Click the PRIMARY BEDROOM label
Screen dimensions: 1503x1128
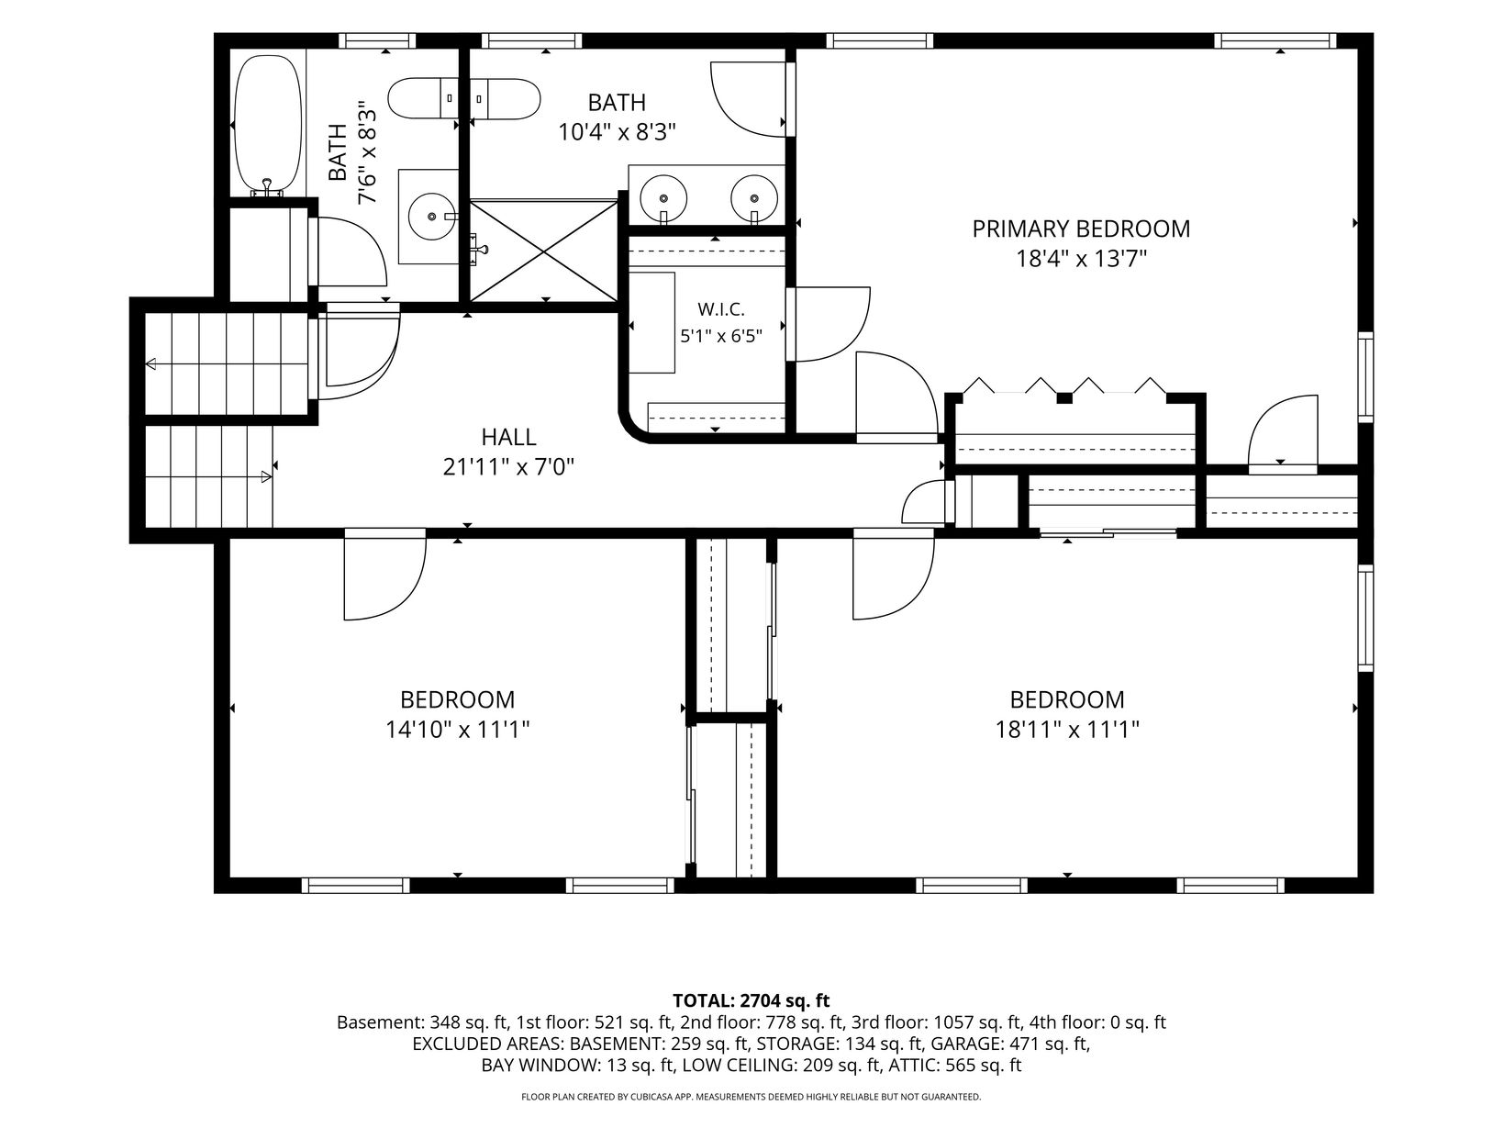point(1081,229)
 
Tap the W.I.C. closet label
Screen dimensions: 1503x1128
point(721,309)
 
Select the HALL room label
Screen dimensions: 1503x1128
point(508,437)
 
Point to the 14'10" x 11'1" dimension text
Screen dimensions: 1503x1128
point(457,730)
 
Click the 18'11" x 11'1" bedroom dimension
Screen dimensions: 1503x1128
point(1067,730)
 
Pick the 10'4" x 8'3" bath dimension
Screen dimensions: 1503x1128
point(617,131)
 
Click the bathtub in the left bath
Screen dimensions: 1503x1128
point(268,127)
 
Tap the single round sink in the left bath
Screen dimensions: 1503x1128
point(431,217)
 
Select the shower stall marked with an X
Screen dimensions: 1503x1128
point(544,250)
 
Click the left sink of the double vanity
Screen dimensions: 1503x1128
point(663,198)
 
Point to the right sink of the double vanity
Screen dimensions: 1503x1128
point(754,198)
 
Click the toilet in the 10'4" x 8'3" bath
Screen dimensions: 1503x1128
point(507,98)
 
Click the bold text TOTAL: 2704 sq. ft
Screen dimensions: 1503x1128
point(751,1000)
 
